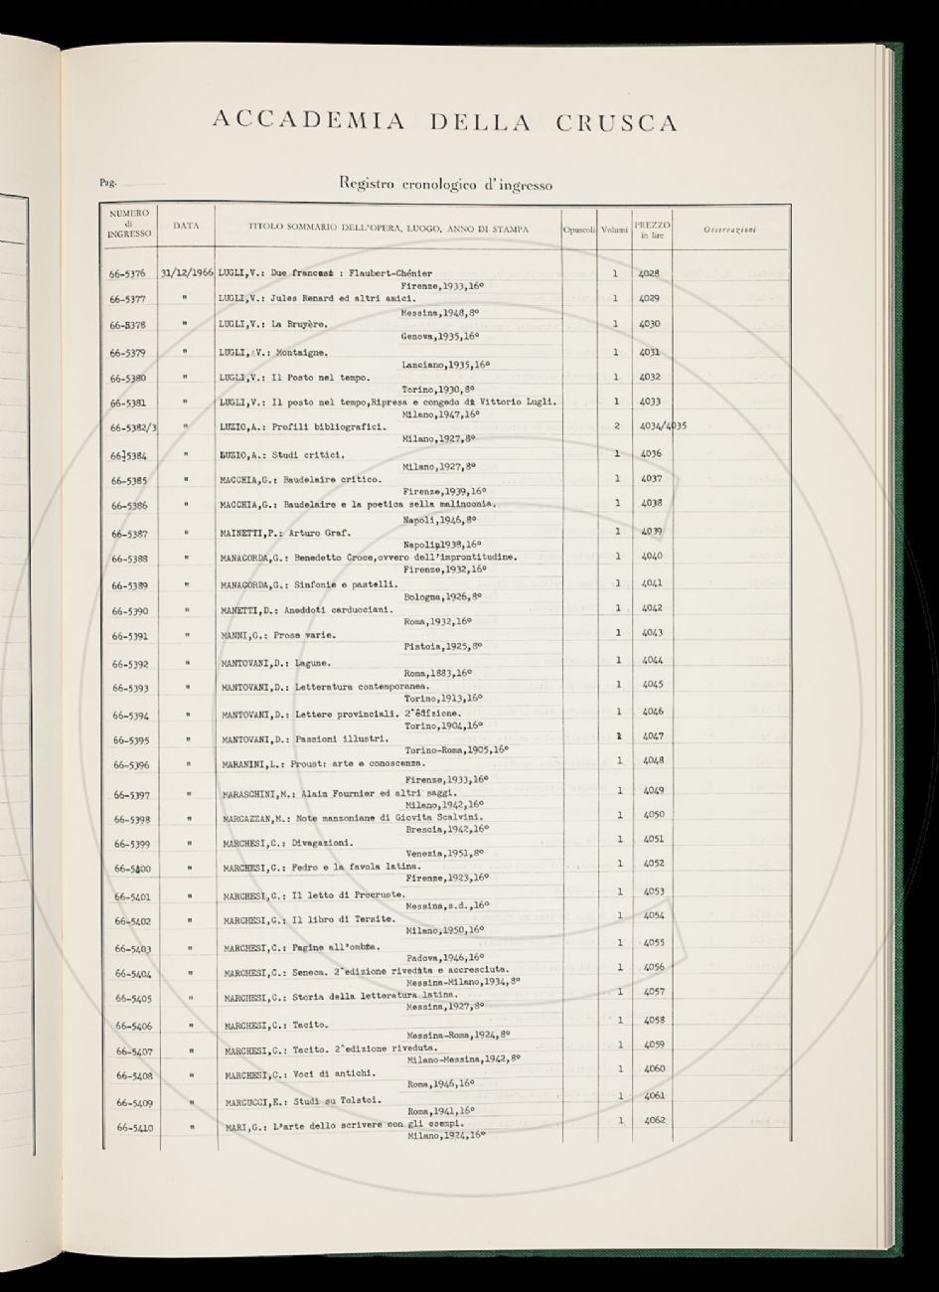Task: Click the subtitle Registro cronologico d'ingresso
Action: pos(445,184)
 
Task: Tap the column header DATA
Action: pos(186,226)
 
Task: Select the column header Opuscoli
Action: pos(578,230)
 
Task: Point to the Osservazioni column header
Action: pos(729,230)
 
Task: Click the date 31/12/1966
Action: pos(186,272)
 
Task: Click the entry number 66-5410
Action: pos(133,1128)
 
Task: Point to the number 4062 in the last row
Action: pos(653,1120)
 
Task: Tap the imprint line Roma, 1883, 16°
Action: pos(437,673)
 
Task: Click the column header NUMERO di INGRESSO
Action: pos(129,226)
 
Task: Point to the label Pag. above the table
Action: pos(107,183)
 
